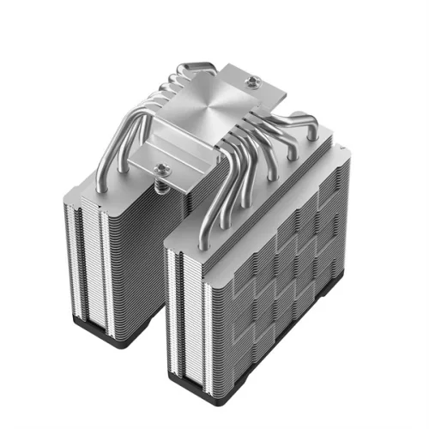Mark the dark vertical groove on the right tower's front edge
[176, 309]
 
